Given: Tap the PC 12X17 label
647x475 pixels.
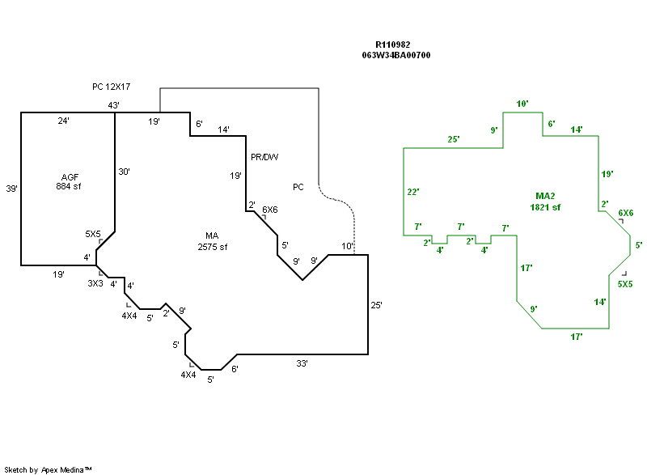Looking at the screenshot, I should (112, 86).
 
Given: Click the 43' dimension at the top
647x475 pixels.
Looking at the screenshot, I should (114, 105).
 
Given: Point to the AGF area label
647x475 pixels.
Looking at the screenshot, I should (70, 176).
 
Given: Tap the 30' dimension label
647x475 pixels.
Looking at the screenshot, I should (123, 172).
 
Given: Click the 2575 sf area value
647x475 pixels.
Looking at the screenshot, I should (213, 247).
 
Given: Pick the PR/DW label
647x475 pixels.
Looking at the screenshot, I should (264, 156).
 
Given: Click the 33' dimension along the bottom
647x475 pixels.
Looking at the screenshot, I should (302, 363).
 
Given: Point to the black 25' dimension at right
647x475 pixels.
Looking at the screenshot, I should (376, 305).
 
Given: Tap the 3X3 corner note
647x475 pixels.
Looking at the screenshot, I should (95, 283).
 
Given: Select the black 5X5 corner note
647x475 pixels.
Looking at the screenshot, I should (93, 233).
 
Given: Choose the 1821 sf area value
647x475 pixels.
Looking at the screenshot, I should (546, 207).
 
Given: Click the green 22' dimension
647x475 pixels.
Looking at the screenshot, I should (412, 192).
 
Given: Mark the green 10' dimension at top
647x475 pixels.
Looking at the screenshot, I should (522, 104).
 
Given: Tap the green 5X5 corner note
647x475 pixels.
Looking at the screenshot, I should (625, 284).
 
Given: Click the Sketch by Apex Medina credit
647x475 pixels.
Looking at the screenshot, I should (48, 469).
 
